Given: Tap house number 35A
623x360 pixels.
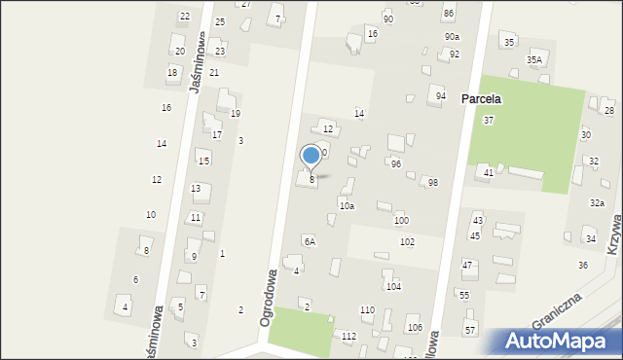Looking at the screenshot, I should point(534,59).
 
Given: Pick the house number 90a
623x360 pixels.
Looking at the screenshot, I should point(452,36).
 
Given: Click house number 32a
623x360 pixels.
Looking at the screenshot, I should point(597,202).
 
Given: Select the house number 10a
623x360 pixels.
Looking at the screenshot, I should point(347,206).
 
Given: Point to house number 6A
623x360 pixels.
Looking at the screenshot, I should point(310,240).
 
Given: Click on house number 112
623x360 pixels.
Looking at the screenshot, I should point(349,336).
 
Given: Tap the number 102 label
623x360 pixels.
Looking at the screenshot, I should point(407,241).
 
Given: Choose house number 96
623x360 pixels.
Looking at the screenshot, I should point(396,163).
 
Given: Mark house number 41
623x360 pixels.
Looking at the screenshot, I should point(489,172).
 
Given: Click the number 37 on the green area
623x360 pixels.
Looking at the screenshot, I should point(489,120).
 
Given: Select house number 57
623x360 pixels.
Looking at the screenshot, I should point(470,331).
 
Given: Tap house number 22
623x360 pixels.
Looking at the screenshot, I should point(185,17).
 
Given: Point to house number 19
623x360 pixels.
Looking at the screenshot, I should point(235,114).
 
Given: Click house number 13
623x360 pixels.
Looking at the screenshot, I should point(196,188).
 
